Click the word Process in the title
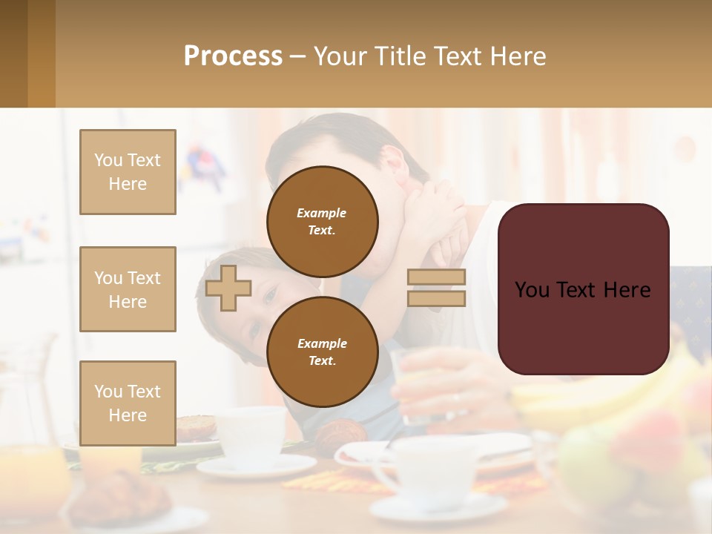233,56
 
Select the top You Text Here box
128,172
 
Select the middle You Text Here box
128,289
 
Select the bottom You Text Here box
128,403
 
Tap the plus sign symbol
228,288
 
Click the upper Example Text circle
323,221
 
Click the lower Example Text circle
323,352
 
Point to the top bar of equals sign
436,277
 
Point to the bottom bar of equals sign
436,298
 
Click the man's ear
395,161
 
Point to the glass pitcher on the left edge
30,386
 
